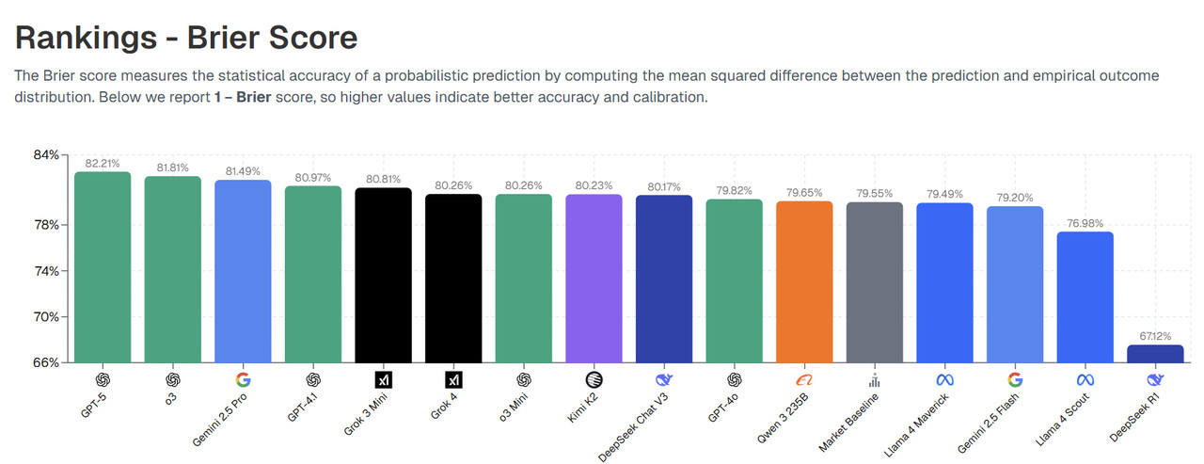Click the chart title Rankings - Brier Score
186,37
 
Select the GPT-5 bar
103,267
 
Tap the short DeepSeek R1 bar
1155,354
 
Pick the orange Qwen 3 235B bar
804,281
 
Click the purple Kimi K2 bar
594,278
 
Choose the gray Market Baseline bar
874,282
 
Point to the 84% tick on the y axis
46,154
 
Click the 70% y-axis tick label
46,316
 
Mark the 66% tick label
46,362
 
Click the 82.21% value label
103,163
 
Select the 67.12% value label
1155,336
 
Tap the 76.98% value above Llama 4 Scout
1085,223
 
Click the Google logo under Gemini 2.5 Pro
243,380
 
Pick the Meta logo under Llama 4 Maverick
944,380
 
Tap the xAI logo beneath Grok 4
453,380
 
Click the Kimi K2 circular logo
594,380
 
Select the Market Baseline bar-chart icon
874,380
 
